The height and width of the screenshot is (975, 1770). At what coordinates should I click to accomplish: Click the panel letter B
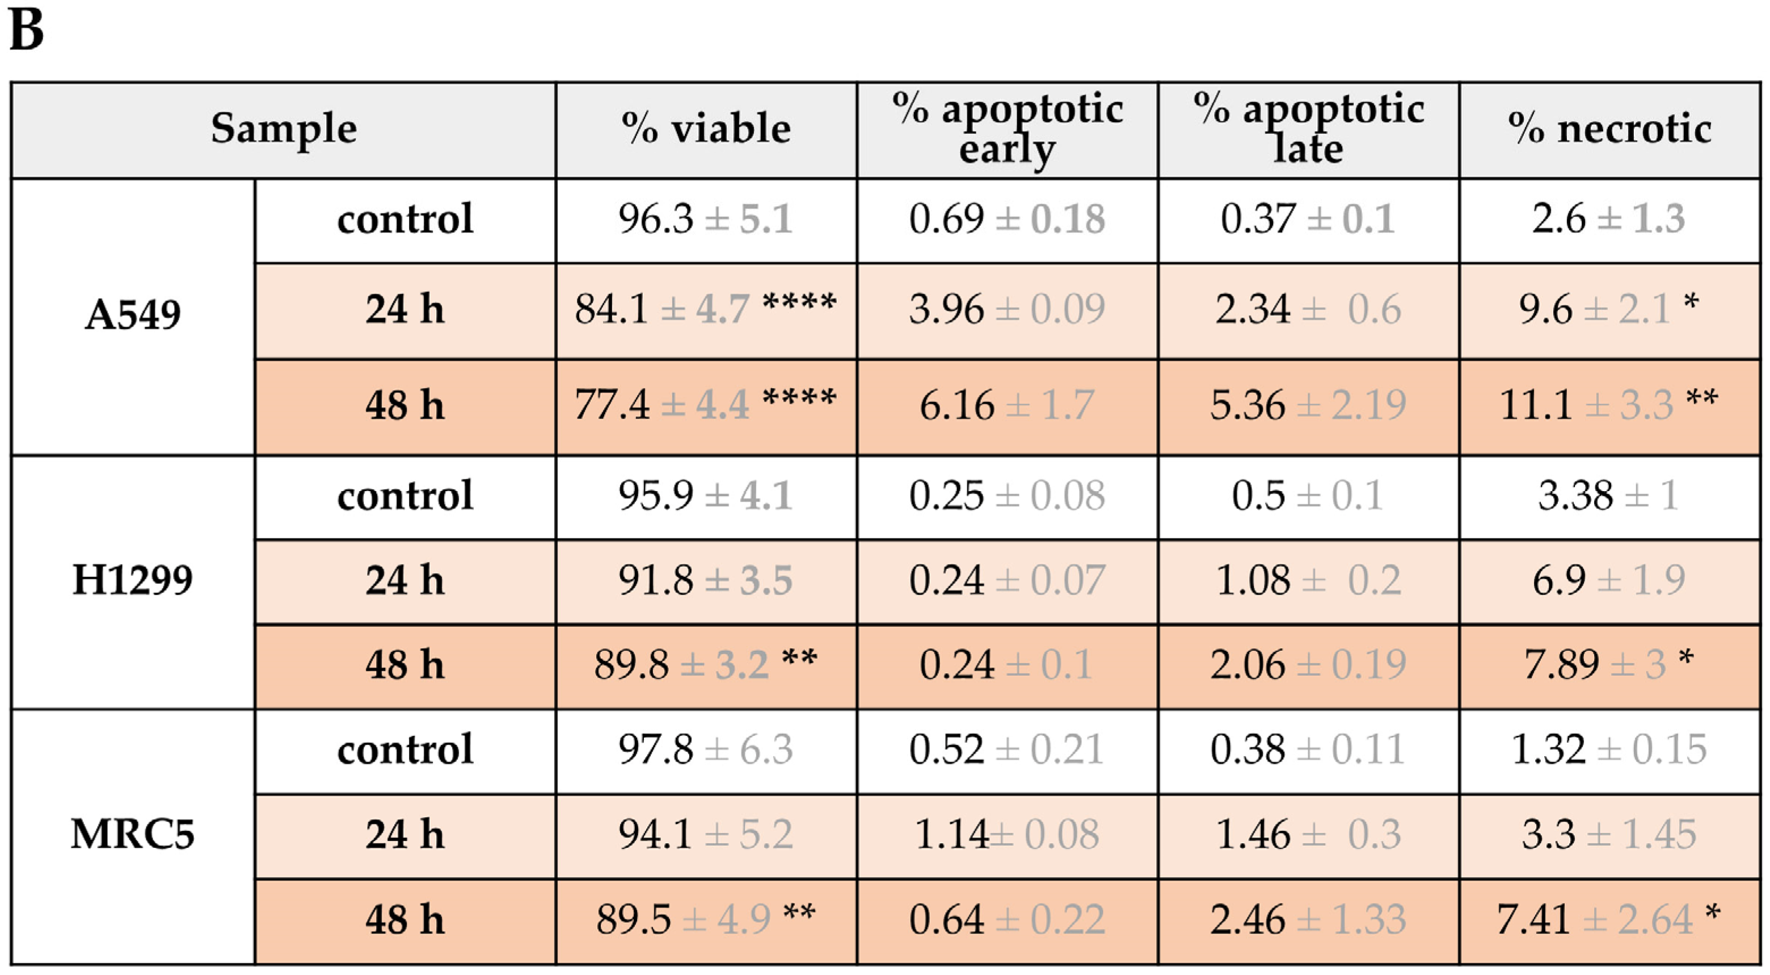click(27, 31)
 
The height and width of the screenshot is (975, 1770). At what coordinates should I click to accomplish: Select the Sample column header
click(284, 128)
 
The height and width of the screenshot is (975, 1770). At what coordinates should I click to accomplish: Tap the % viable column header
click(706, 128)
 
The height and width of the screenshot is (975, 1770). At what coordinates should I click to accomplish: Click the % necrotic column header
click(1609, 128)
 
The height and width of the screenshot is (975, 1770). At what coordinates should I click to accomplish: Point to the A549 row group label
click(133, 316)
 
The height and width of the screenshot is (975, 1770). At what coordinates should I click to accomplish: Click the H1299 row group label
click(133, 580)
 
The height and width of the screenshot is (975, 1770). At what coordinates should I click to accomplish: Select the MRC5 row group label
click(133, 835)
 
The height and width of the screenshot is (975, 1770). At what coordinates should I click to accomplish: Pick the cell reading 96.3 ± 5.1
click(706, 219)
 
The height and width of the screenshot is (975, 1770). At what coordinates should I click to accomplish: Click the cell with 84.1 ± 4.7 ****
click(706, 309)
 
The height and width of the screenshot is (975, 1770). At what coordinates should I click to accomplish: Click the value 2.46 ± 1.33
click(1308, 920)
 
